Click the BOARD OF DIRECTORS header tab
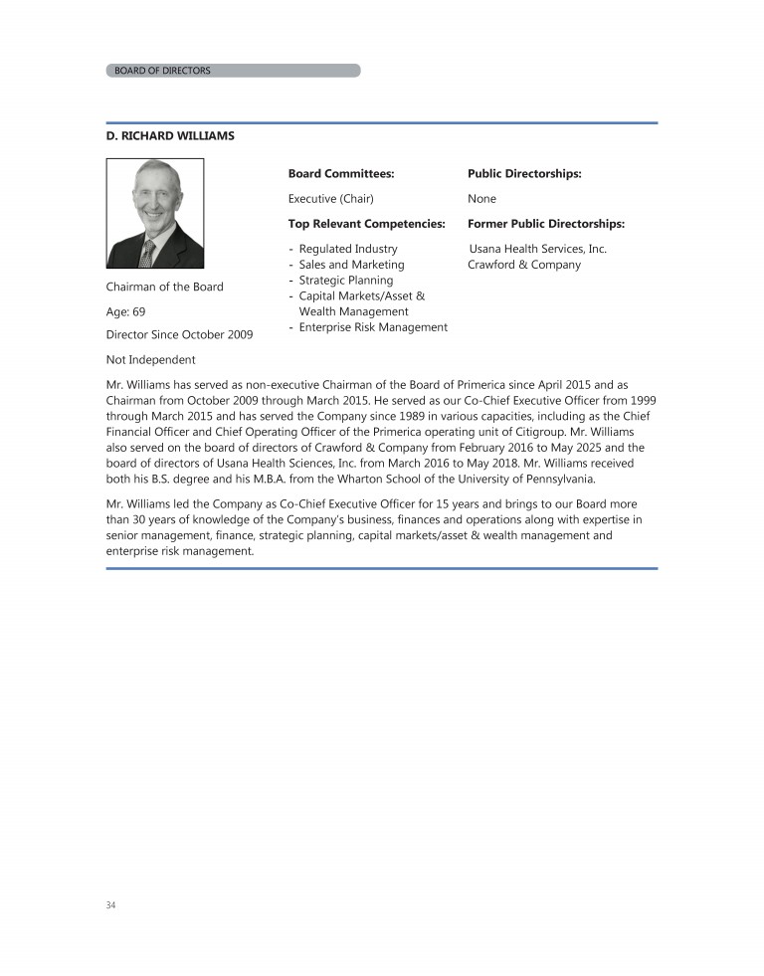[x=163, y=71]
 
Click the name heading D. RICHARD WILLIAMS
[x=170, y=135]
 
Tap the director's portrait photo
[x=155, y=214]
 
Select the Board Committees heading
[x=340, y=173]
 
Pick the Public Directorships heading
[x=524, y=173]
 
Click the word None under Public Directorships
[x=481, y=199]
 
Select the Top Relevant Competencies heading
[x=366, y=224]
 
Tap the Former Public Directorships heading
[x=545, y=224]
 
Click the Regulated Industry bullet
[x=347, y=249]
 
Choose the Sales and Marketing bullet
[x=351, y=265]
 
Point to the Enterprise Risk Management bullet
[x=372, y=327]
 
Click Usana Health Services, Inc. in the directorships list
[x=537, y=249]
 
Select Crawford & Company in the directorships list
[x=523, y=265]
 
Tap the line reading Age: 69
[x=125, y=310]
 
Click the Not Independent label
[x=150, y=359]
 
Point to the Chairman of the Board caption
[x=164, y=287]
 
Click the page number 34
[x=110, y=905]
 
